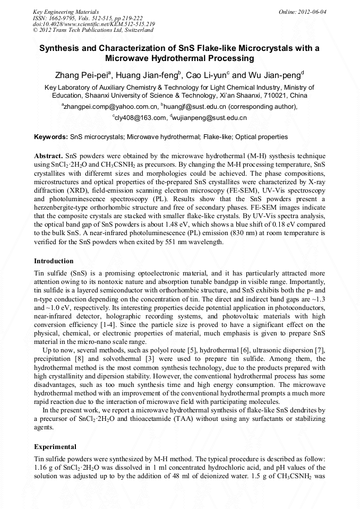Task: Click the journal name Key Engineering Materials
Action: point(66,12)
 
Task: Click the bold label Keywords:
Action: point(51,137)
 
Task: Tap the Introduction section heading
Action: point(54,261)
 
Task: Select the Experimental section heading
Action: point(55,447)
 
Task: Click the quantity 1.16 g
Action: point(44,467)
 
